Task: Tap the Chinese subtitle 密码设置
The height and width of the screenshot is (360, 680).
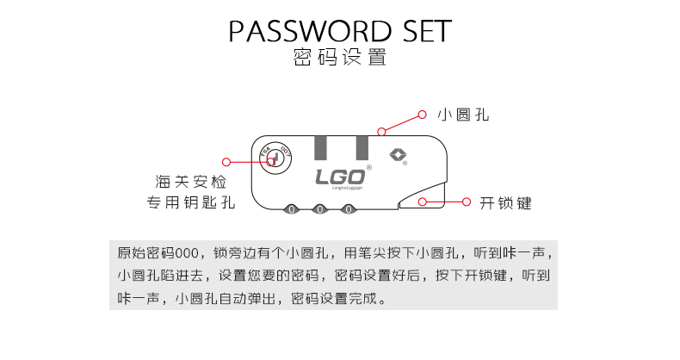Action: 339,59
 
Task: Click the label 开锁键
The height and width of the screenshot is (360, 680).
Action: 505,203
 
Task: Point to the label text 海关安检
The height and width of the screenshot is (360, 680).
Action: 191,182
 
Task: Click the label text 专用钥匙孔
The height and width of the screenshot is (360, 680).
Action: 191,204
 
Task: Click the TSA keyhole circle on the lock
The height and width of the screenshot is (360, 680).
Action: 274,158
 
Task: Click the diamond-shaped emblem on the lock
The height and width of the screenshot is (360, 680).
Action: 399,156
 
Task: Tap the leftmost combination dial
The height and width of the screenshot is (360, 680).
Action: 291,209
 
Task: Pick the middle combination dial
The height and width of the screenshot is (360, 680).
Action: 320,209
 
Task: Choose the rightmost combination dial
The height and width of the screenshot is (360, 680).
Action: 349,209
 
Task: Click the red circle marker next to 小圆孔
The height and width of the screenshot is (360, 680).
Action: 422,115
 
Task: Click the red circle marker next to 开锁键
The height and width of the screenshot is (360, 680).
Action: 466,203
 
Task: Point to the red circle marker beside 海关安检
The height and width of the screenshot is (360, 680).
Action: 226,161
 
